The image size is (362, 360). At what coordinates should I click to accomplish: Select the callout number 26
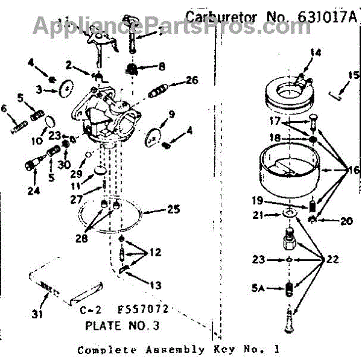(x=192, y=79)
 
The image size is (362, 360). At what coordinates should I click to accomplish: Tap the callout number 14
(x=313, y=52)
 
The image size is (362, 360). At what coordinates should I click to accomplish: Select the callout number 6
(x=4, y=109)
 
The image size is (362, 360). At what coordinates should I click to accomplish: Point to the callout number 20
(x=346, y=221)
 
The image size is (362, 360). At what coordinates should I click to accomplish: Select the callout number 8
(x=162, y=66)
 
